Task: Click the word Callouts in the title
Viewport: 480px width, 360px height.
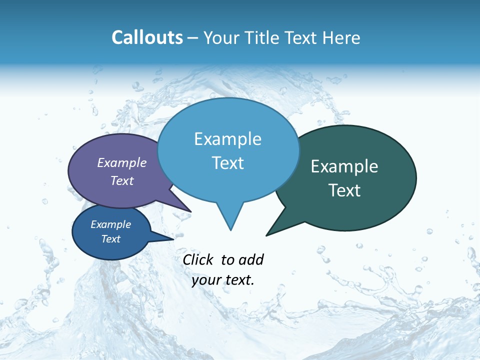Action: click(147, 37)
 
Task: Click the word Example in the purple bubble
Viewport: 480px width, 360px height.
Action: click(122, 162)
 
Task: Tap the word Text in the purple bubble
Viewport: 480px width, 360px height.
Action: click(122, 180)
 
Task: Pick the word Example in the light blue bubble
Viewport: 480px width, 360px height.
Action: click(227, 139)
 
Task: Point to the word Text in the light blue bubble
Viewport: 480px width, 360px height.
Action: click(227, 163)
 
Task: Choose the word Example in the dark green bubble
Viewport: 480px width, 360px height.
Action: click(344, 166)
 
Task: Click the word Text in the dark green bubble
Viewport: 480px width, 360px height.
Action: click(344, 190)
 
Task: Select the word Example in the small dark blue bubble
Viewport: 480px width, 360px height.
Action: click(110, 224)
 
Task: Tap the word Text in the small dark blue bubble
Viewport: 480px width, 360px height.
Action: click(110, 239)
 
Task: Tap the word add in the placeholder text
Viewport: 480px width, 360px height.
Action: click(251, 259)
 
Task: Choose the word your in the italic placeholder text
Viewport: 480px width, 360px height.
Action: click(206, 280)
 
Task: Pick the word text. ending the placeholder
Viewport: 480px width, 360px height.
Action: click(239, 280)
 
